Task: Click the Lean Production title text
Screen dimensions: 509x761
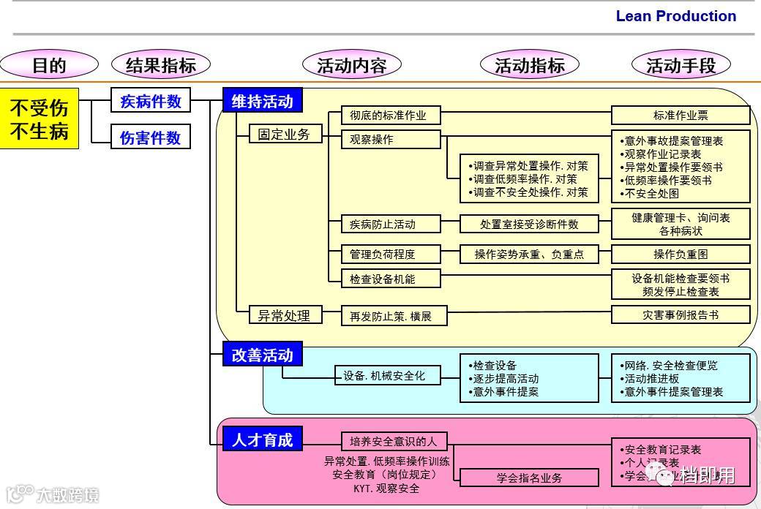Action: (675, 16)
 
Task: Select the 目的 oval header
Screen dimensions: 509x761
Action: (49, 65)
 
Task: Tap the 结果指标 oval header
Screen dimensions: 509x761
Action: (161, 65)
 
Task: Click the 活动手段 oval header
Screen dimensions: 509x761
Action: (681, 65)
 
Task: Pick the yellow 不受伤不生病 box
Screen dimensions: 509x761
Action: (39, 118)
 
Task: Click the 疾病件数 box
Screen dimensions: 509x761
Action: (151, 101)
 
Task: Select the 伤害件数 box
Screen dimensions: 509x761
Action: (151, 137)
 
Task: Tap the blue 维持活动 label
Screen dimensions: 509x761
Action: (262, 101)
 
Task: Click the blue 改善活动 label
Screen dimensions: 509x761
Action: (262, 355)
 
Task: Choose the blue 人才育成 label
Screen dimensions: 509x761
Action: (262, 440)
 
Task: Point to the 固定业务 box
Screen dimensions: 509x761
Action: (284, 134)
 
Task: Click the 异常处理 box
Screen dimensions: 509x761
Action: (284, 315)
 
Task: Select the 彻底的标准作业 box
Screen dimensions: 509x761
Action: (391, 115)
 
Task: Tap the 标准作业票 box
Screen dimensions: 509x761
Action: (681, 115)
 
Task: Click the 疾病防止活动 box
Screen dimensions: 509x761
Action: (391, 224)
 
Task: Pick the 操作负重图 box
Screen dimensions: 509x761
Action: (681, 254)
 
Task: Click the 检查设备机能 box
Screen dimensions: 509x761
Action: (391, 279)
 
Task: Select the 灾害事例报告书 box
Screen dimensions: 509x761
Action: (681, 314)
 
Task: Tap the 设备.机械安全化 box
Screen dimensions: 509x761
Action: (389, 376)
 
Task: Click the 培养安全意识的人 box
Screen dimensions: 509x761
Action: (394, 441)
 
